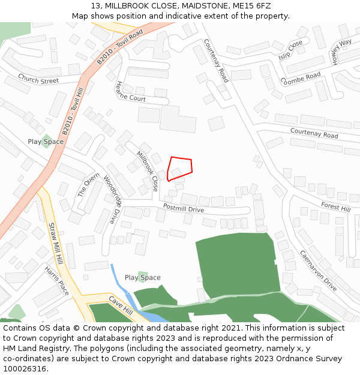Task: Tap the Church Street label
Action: click(38, 79)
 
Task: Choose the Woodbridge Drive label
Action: click(109, 199)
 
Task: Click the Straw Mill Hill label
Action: click(55, 244)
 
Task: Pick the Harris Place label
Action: click(57, 280)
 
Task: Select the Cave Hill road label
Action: click(121, 305)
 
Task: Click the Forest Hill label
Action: click(335, 207)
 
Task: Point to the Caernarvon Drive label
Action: click(318, 271)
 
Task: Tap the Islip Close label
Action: click(290, 53)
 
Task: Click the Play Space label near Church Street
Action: click(46, 142)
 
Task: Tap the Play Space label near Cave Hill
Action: click(142, 278)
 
